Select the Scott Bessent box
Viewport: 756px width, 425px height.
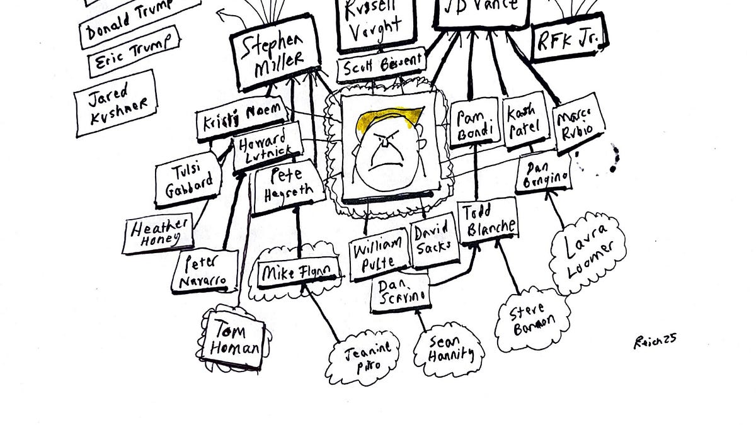[381, 68]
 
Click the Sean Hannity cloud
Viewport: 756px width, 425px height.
[450, 351]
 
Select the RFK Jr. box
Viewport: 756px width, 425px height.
[568, 41]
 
